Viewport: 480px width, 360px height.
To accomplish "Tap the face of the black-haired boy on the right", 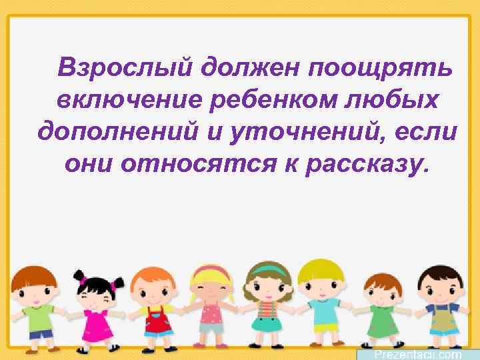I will tap(439, 287).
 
